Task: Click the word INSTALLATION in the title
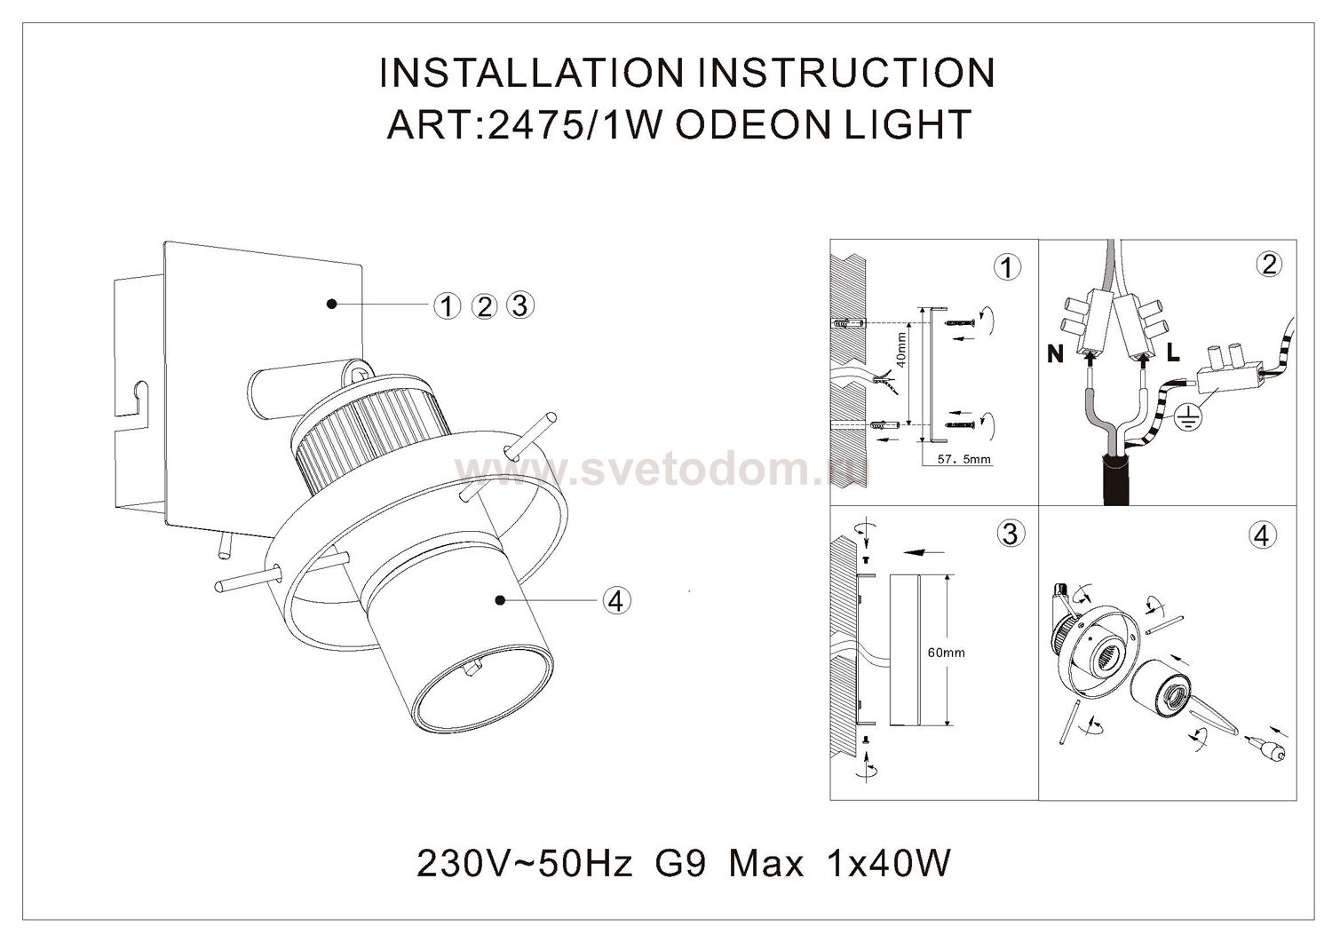click(532, 73)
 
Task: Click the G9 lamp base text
click(680, 863)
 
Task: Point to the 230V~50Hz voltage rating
click(524, 863)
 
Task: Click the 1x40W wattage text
click(890, 863)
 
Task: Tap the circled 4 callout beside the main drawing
click(616, 600)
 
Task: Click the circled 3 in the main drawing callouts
click(520, 305)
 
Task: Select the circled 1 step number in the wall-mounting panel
click(1007, 267)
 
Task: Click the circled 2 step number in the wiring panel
click(1269, 265)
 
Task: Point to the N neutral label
click(1056, 355)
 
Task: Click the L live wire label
click(1173, 354)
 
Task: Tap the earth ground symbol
click(1189, 417)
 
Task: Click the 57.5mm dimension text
click(963, 459)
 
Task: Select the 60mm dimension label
click(947, 653)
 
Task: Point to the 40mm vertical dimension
click(901, 350)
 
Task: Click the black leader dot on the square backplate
click(332, 304)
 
